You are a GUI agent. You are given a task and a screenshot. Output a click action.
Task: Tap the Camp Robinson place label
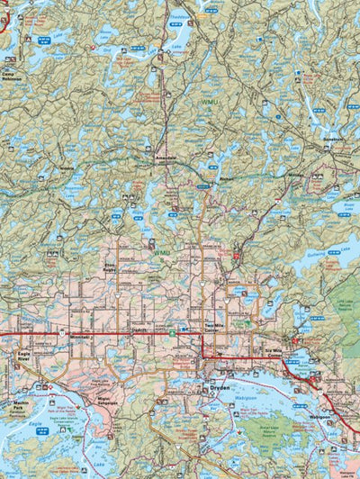pos(11,77)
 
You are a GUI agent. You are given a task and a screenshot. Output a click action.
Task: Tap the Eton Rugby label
pos(110,268)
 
